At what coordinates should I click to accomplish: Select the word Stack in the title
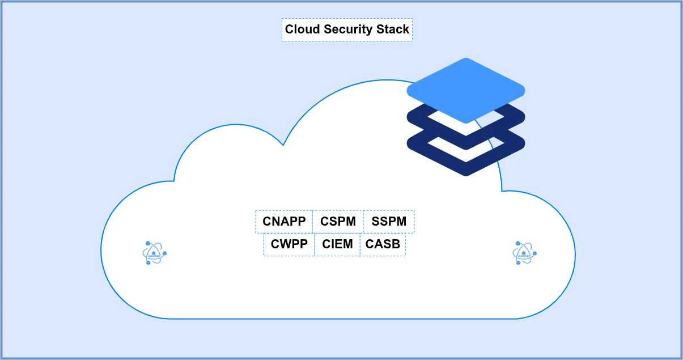click(394, 29)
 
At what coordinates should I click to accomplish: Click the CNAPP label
click(284, 222)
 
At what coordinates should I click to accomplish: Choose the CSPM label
click(338, 222)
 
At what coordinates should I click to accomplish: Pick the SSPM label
click(389, 222)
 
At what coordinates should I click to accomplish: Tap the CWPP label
click(289, 244)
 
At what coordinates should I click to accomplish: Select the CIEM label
click(337, 244)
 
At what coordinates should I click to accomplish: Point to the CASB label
click(383, 244)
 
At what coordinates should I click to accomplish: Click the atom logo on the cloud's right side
click(524, 253)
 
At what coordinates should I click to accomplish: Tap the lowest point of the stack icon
click(466, 174)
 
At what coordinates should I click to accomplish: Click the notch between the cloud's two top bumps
click(283, 145)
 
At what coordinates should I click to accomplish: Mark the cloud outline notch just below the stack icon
click(502, 190)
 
